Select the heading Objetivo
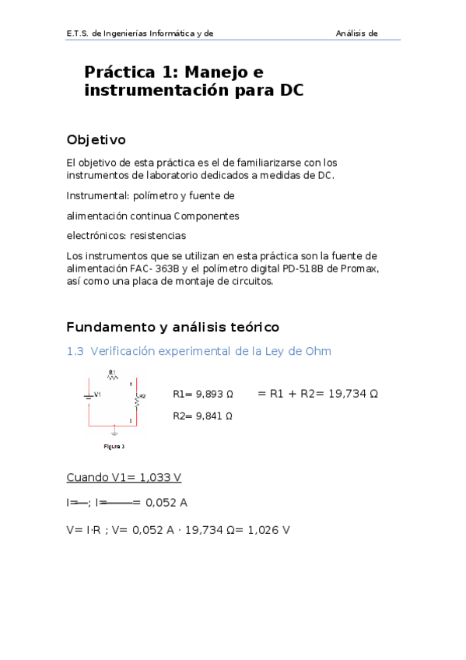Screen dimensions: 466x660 (x=96, y=140)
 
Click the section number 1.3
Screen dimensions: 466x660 (x=75, y=352)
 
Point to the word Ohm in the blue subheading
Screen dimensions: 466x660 (x=318, y=352)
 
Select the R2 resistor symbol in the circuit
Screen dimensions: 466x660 (x=135, y=400)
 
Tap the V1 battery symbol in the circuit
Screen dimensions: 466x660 (x=88, y=396)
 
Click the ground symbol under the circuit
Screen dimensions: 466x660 (x=114, y=429)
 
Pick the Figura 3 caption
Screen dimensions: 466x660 (x=114, y=447)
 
